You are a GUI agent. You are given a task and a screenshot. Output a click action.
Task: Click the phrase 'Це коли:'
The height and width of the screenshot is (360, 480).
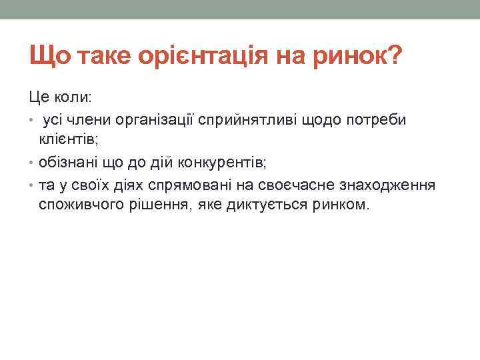coord(62,97)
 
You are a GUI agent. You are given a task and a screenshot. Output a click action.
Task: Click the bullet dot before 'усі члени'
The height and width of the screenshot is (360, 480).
coord(32,119)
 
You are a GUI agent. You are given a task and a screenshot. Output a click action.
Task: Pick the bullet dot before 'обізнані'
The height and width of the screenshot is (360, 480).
coord(32,162)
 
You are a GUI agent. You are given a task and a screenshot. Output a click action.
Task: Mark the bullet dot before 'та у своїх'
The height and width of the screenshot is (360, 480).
coord(32,184)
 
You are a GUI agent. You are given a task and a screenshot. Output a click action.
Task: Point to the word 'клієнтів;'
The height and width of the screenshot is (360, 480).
coord(68,140)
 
